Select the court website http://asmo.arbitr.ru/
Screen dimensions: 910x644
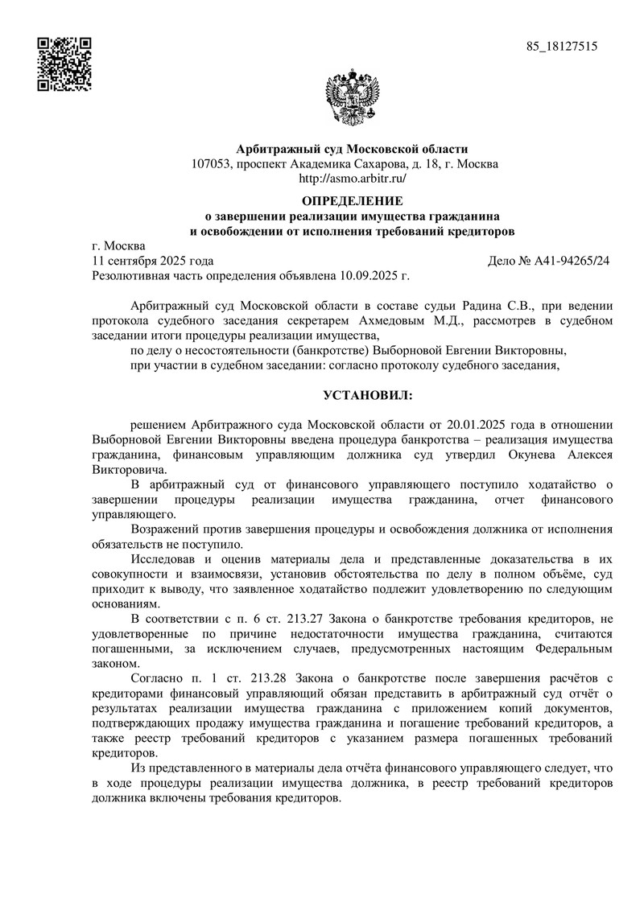pyautogui.click(x=352, y=179)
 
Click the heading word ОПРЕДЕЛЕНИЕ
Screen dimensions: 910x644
pyautogui.click(x=352, y=200)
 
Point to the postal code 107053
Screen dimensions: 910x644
pyautogui.click(x=211, y=164)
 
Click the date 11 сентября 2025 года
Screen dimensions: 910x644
pyautogui.click(x=153, y=261)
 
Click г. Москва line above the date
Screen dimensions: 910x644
pyautogui.click(x=118, y=246)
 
